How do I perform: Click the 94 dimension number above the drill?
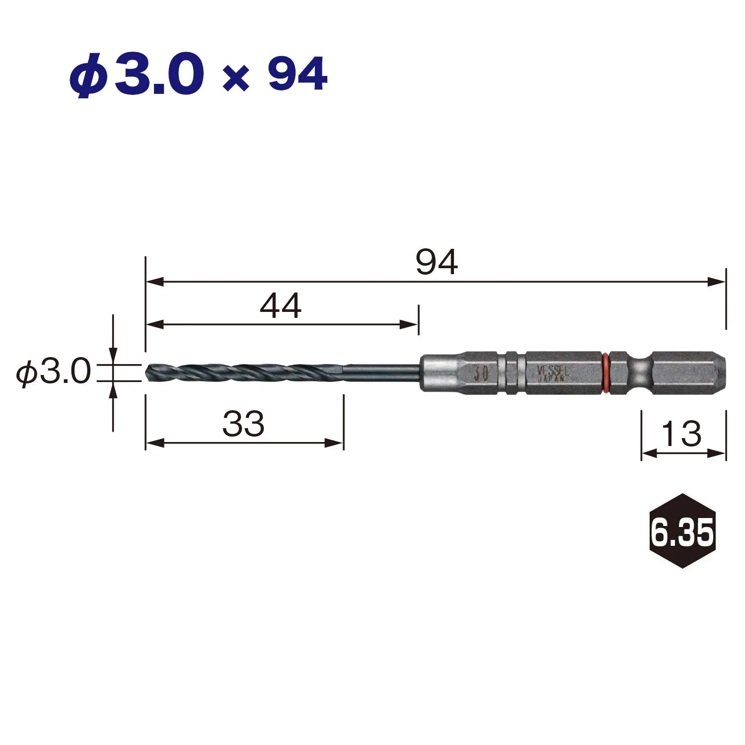click(x=437, y=262)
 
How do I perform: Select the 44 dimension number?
click(x=281, y=306)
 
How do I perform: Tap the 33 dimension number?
click(x=243, y=424)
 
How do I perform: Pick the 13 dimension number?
click(x=682, y=434)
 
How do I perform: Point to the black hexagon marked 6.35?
click(x=682, y=531)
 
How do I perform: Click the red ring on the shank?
click(x=605, y=373)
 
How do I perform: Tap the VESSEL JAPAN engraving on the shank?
click(x=552, y=373)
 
